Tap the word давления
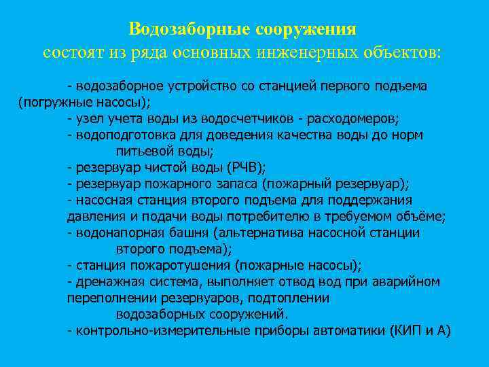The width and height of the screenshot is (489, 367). tap(95, 216)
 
